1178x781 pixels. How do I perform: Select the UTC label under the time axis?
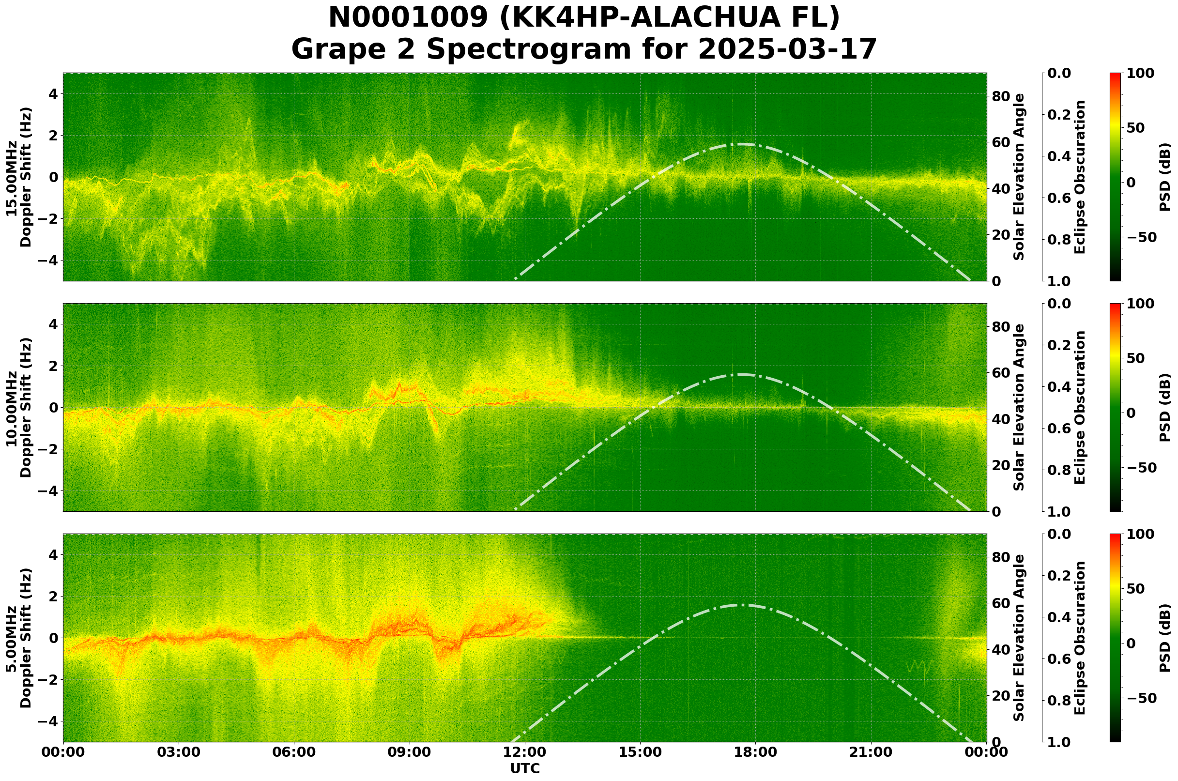(x=524, y=768)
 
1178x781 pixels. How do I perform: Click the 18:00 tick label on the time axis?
(x=755, y=752)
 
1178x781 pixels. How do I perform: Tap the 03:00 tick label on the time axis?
(x=178, y=752)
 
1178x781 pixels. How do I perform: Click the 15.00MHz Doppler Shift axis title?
(x=18, y=177)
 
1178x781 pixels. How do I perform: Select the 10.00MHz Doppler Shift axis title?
(x=18, y=407)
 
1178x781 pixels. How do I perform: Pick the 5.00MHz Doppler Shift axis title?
(x=18, y=638)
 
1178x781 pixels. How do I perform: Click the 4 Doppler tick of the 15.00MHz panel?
(x=53, y=93)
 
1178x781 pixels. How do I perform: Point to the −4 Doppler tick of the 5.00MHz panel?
(x=49, y=721)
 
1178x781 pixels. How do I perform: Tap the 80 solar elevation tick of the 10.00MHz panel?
(x=1000, y=327)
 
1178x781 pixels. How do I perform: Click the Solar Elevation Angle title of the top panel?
(x=1020, y=177)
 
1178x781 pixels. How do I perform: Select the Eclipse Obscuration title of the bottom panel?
(x=1079, y=638)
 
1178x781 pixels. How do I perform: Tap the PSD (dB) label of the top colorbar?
(x=1165, y=177)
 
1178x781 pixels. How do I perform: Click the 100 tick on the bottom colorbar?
(x=1140, y=535)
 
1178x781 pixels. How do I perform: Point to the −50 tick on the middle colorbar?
(x=1140, y=468)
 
